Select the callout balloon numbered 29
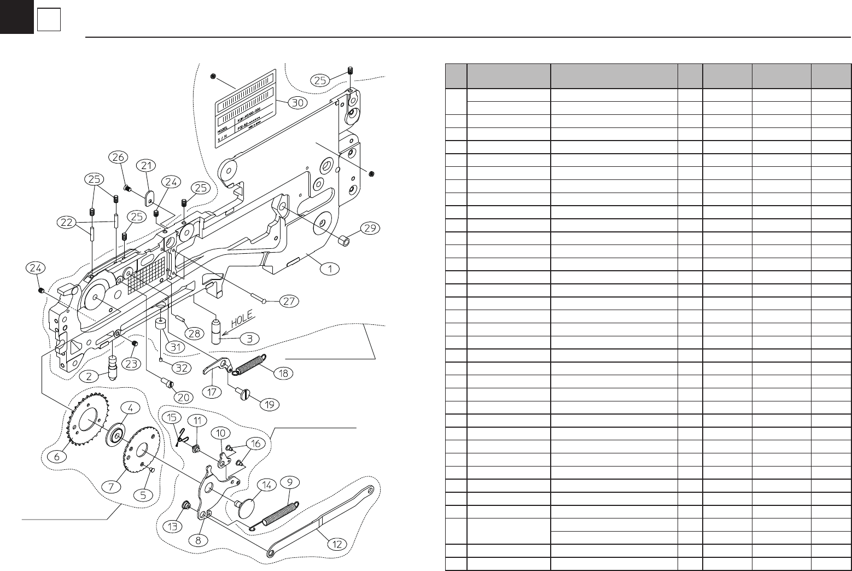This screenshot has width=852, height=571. coord(371,228)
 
